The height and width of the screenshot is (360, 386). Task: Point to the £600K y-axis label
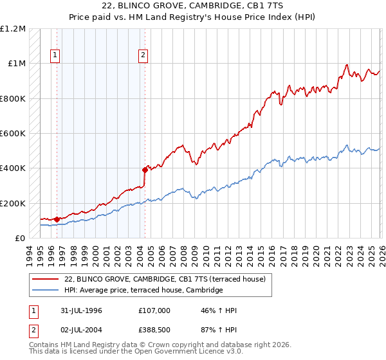[13, 134]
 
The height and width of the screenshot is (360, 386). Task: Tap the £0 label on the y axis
[20, 239]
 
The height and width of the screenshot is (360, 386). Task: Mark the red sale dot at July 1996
[57, 219]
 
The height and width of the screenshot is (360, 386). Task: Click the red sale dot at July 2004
[145, 170]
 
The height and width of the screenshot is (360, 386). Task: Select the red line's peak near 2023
[346, 65]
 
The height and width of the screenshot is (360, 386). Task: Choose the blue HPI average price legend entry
[143, 291]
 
